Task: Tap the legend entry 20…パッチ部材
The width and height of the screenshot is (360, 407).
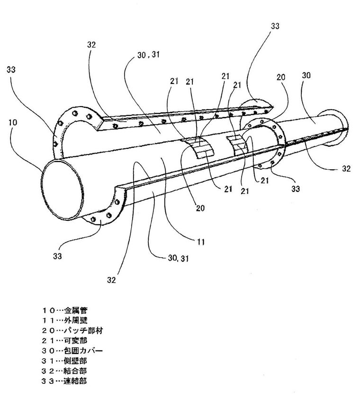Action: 72,331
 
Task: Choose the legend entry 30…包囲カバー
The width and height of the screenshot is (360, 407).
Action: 72,351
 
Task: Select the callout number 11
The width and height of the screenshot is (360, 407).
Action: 201,242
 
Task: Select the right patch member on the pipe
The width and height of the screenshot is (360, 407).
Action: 236,142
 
